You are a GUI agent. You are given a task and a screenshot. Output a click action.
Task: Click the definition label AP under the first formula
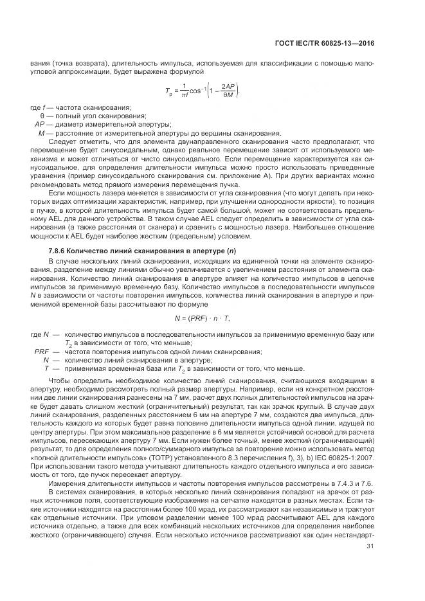click(39, 124)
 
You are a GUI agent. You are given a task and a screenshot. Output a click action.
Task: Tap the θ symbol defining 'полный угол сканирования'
click(42, 116)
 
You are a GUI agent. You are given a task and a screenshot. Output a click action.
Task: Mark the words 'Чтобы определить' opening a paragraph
click(76, 381)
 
